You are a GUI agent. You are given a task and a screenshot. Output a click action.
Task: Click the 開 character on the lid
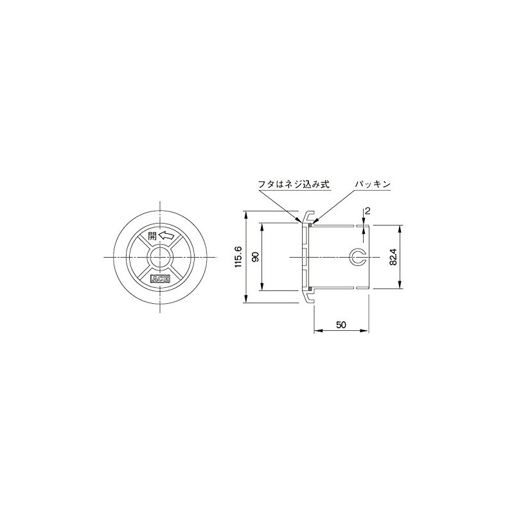coord(152,236)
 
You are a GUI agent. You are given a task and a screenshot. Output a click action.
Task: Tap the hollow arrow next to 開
coord(166,236)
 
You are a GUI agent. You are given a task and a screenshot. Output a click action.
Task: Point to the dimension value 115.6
coord(238,257)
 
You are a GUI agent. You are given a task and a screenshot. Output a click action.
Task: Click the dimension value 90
coord(255,257)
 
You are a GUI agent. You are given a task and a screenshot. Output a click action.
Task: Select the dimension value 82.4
coord(394,257)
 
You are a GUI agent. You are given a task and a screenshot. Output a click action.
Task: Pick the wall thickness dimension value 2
coord(366,211)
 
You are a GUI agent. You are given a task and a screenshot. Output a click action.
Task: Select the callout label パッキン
coord(373,184)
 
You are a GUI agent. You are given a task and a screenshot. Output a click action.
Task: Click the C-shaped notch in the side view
coord(357,257)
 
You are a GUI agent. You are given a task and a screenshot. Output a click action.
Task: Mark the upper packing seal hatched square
coord(310,224)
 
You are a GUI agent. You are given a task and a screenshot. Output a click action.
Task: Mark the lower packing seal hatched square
coord(310,290)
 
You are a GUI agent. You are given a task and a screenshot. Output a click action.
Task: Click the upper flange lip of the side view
coord(308,215)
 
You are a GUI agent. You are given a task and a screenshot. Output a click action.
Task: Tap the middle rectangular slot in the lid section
coord(305,257)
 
